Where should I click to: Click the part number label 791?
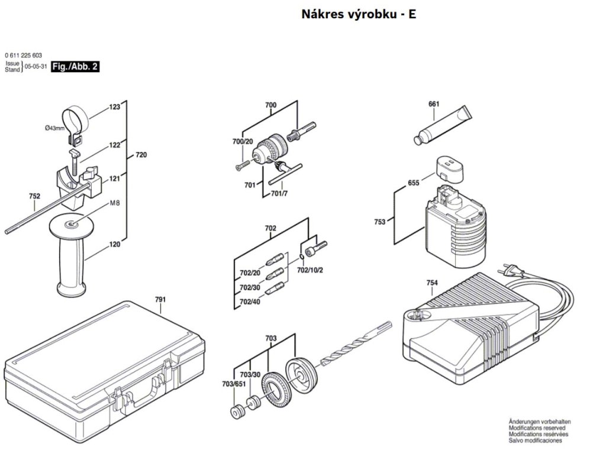click(160, 300)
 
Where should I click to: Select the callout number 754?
click(432, 283)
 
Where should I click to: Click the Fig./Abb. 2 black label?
click(75, 67)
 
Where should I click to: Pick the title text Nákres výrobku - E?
click(359, 14)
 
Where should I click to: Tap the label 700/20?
click(243, 141)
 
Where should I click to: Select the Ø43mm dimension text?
click(55, 128)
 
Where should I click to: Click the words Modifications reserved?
click(536, 428)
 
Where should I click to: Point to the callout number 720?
click(141, 155)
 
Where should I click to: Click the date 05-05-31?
click(36, 67)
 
